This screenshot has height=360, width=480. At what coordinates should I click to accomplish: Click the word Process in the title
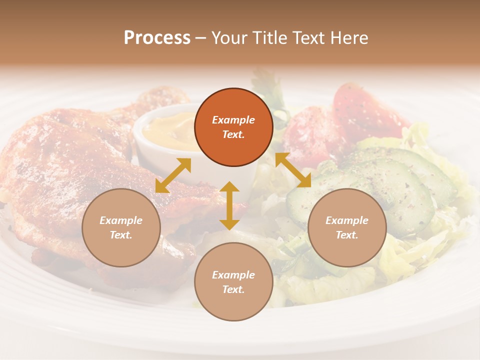pyautogui.click(x=157, y=38)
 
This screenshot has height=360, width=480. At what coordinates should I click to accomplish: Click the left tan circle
pyautogui.click(x=121, y=227)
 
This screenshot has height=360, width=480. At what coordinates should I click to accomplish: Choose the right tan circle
pyautogui.click(x=347, y=227)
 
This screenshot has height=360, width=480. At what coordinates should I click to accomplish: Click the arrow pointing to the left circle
pyautogui.click(x=173, y=175)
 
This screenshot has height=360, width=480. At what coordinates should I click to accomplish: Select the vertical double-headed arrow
pyautogui.click(x=229, y=205)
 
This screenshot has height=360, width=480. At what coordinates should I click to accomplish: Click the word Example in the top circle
pyautogui.click(x=233, y=120)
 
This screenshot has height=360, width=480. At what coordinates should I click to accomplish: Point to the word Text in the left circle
pyautogui.click(x=121, y=235)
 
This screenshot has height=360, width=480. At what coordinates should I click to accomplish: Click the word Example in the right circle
pyautogui.click(x=347, y=220)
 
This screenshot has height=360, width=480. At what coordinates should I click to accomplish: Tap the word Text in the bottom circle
pyautogui.click(x=233, y=289)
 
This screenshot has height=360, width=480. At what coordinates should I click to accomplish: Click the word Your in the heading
pyautogui.click(x=227, y=38)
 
